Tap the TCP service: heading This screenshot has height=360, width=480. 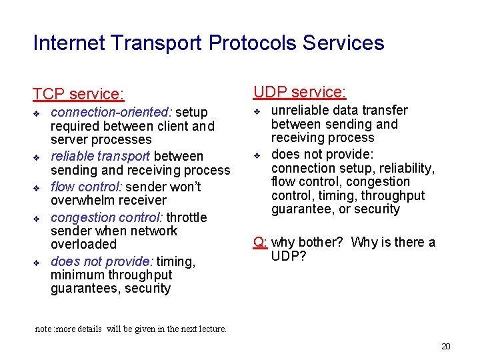point(79,95)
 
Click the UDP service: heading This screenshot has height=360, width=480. point(299,92)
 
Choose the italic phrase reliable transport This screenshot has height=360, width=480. point(101,156)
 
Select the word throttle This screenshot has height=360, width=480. point(187,217)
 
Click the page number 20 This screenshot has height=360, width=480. point(446,346)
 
